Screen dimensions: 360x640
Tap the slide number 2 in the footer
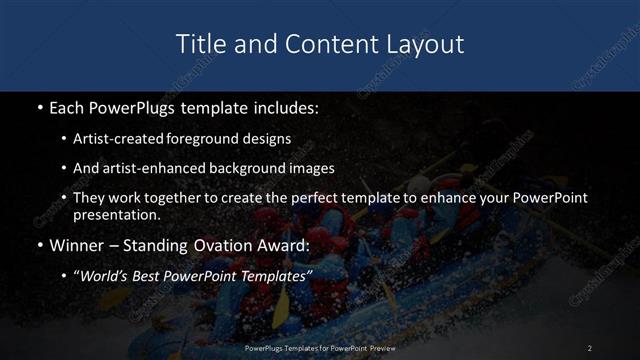[x=590, y=347]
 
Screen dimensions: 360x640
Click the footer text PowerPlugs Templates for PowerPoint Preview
[x=320, y=347]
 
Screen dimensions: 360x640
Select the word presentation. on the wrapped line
[x=114, y=214]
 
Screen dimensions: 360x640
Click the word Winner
[x=76, y=245]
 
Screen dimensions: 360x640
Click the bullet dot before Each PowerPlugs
[x=38, y=107]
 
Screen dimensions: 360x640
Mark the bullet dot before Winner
[x=38, y=245]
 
